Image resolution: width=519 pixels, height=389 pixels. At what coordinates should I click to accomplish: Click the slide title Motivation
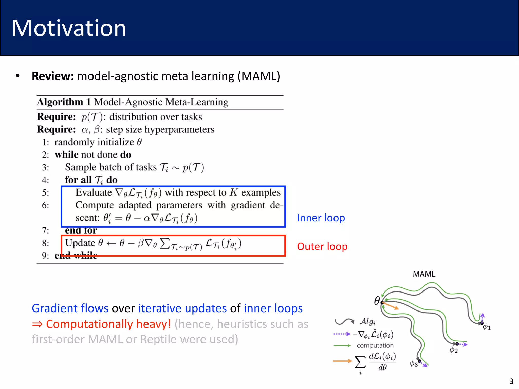[69, 28]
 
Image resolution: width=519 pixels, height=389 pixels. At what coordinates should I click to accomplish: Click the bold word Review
[52, 76]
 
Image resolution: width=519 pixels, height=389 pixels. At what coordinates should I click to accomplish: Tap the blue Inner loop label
[321, 218]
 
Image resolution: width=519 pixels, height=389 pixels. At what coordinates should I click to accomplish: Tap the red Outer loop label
[322, 246]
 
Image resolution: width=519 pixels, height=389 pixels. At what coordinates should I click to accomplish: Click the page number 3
[511, 381]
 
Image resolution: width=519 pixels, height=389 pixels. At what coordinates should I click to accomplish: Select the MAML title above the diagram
[424, 274]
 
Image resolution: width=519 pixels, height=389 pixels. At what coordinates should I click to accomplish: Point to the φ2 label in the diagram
[453, 350]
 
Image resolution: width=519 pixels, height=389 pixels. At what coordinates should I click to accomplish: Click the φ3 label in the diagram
[413, 364]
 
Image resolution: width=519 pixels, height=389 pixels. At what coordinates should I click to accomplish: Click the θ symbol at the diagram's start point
[377, 301]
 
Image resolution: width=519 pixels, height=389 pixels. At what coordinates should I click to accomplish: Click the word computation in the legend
[375, 346]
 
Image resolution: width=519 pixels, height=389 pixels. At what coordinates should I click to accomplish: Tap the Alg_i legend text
[367, 322]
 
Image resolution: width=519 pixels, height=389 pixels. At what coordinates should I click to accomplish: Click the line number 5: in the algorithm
[45, 193]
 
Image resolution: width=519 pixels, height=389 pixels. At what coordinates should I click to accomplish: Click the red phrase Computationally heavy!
[108, 324]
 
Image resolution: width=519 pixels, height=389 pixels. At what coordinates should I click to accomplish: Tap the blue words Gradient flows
[70, 308]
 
